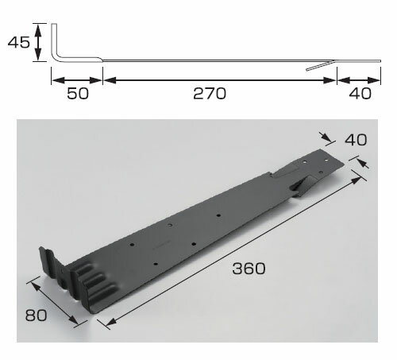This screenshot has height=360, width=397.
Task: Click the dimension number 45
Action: click(x=18, y=42)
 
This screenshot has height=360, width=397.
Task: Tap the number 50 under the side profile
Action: click(x=78, y=94)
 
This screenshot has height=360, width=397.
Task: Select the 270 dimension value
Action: click(x=210, y=94)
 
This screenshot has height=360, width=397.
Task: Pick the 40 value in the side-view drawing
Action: click(x=360, y=94)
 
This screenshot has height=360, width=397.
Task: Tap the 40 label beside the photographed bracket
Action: click(x=356, y=140)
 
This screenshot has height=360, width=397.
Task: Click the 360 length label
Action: click(x=249, y=269)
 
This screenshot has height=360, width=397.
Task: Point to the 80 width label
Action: click(x=36, y=315)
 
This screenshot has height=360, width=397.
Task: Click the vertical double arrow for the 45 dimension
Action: click(x=39, y=42)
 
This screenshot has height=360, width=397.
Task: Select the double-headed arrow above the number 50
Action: click(x=77, y=80)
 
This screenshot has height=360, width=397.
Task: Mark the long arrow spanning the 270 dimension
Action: click(x=220, y=80)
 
